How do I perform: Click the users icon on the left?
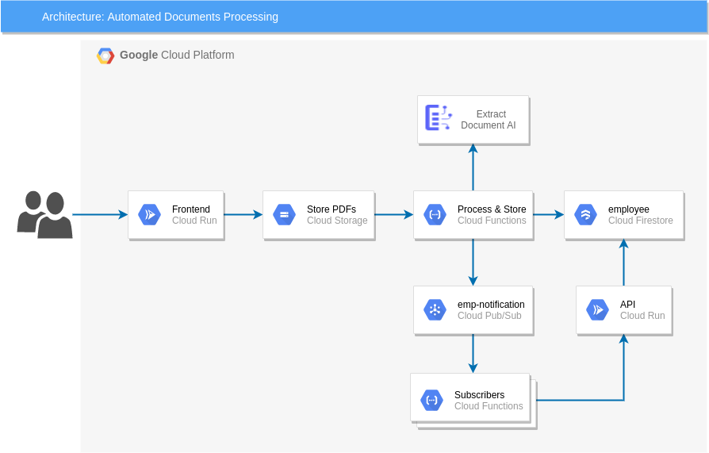tap(44, 214)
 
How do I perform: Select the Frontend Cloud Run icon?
tap(149, 214)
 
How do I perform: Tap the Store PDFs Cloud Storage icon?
tap(284, 214)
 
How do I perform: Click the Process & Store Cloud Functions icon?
tap(435, 214)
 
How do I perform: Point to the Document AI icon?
tap(438, 118)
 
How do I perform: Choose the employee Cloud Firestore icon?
tap(585, 214)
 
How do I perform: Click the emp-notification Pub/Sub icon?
tap(435, 309)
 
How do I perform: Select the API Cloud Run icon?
tap(597, 309)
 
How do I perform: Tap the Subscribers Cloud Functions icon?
tap(431, 400)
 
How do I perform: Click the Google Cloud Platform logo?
tap(105, 56)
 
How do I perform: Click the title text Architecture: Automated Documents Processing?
tap(159, 17)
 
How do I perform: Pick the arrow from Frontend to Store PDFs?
tap(243, 214)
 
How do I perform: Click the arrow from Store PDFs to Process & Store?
tap(393, 214)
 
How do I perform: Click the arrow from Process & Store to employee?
tap(548, 214)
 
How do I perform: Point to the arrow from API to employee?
tap(623, 263)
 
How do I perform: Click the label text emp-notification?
tap(491, 305)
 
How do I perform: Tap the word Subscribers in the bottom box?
tap(479, 395)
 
